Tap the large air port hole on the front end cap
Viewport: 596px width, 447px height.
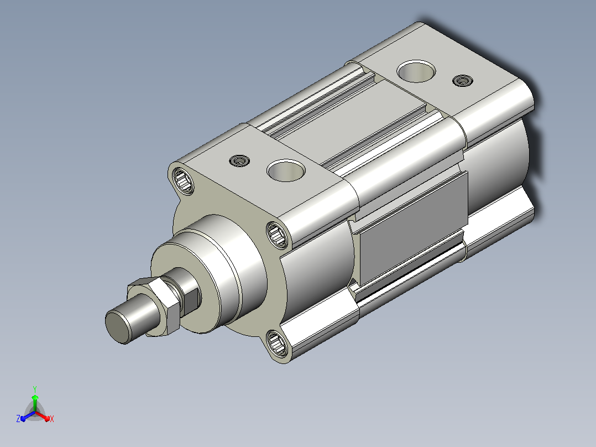pyautogui.click(x=286, y=170)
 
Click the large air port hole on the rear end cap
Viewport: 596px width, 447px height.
pyautogui.click(x=416, y=71)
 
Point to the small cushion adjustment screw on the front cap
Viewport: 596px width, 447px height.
pyautogui.click(x=239, y=161)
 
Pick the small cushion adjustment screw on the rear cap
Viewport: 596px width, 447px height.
pyautogui.click(x=463, y=81)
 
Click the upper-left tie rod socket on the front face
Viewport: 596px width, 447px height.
pyautogui.click(x=183, y=181)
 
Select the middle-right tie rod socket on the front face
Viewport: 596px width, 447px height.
pyautogui.click(x=277, y=235)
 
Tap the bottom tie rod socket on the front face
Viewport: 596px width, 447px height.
pyautogui.click(x=276, y=344)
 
